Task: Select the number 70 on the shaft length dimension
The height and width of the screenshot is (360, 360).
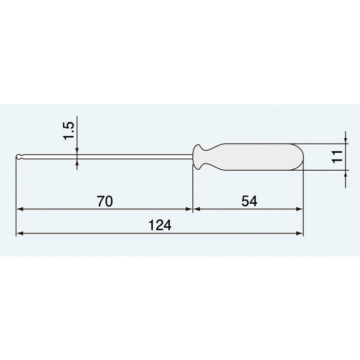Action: (104, 202)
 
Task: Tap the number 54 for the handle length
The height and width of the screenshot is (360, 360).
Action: (248, 202)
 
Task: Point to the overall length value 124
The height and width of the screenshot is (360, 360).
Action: (159, 225)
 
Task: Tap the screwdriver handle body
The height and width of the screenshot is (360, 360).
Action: (257, 156)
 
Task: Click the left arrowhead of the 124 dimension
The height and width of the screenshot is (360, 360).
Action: (20, 233)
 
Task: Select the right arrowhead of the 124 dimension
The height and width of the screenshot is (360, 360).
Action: (299, 233)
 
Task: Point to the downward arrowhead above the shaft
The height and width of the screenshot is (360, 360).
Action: (77, 151)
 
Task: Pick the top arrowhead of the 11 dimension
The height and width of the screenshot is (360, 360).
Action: (344, 140)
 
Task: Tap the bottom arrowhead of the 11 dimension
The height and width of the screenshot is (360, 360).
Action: (344, 173)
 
